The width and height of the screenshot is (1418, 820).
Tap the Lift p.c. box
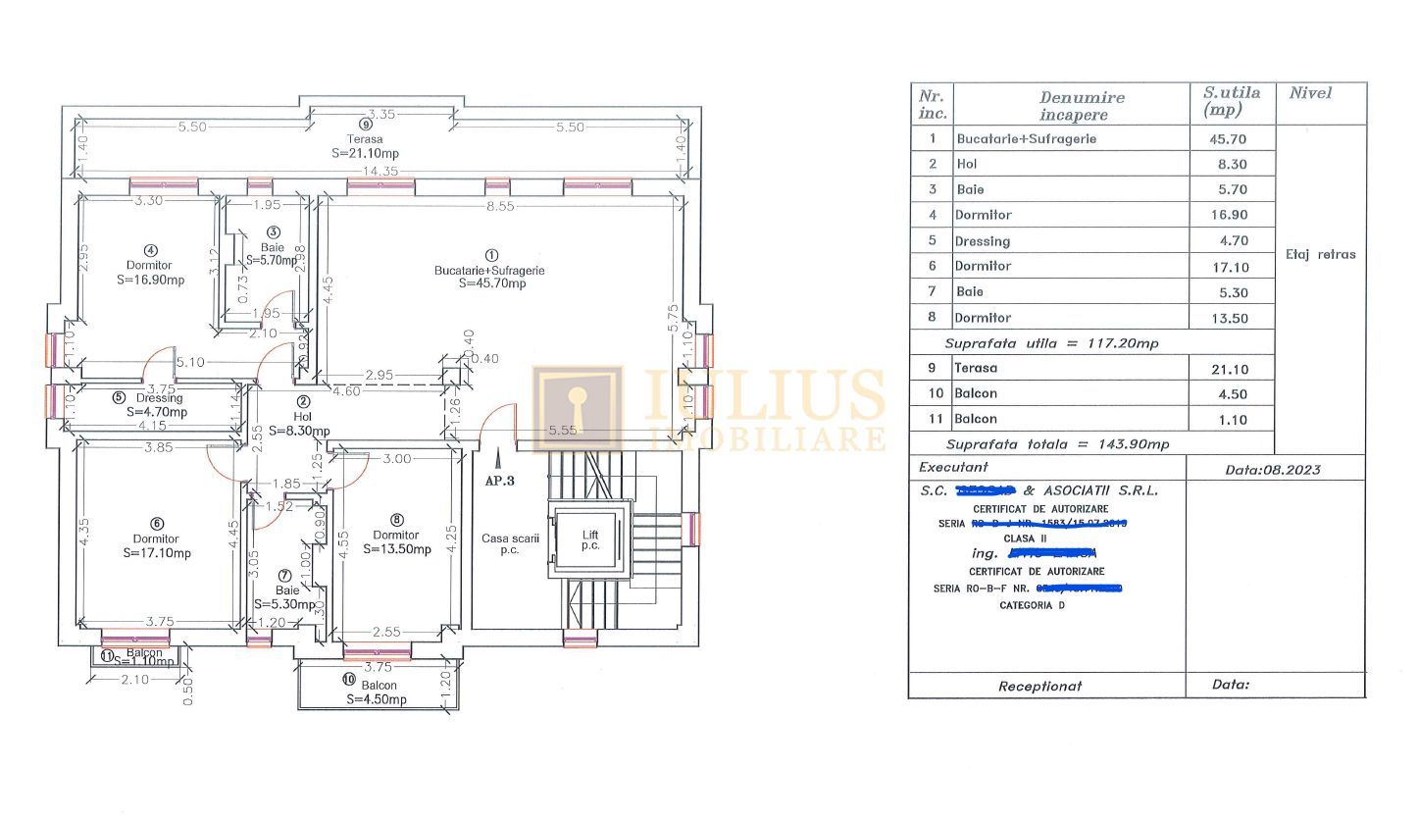click(589, 538)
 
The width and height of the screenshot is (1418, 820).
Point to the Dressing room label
click(159, 398)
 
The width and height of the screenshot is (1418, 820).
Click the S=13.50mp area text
click(396, 549)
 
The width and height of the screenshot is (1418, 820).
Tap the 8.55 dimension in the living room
click(501, 207)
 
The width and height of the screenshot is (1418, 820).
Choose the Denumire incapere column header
click(1082, 106)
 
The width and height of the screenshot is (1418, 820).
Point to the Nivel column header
click(1310, 93)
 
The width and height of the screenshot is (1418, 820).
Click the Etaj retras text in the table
click(1320, 254)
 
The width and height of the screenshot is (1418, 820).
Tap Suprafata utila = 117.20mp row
click(1051, 344)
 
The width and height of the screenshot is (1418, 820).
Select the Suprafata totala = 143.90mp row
click(1057, 444)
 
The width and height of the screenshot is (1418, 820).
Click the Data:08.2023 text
click(1272, 470)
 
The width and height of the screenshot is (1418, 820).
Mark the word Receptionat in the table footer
click(1039, 686)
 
